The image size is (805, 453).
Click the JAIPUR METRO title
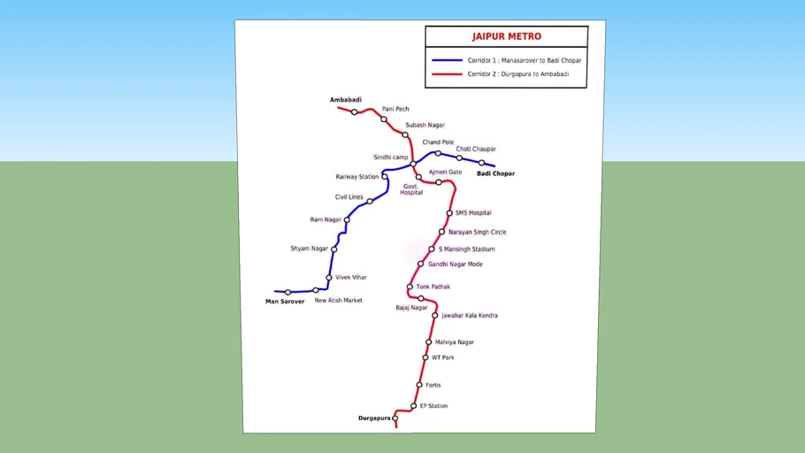click(506, 37)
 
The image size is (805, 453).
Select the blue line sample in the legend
click(447, 60)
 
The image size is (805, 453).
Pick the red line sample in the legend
click(447, 74)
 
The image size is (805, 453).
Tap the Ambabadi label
click(346, 100)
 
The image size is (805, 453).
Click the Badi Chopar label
click(495, 173)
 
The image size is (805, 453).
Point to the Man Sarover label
click(285, 302)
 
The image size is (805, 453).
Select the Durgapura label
click(374, 418)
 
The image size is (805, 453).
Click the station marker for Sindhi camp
click(413, 164)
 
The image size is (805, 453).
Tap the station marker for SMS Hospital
click(449, 213)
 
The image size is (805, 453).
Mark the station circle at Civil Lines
click(370, 202)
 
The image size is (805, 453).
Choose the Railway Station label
click(356, 177)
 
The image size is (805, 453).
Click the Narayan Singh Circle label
click(477, 232)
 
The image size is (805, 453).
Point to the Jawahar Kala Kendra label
click(469, 316)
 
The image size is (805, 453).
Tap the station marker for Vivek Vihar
click(329, 278)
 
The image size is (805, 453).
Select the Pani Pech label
click(395, 109)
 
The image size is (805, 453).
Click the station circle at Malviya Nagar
click(429, 342)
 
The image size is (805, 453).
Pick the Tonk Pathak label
click(433, 287)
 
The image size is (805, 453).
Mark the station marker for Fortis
click(419, 386)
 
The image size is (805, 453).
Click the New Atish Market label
click(338, 301)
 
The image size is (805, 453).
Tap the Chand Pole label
click(438, 142)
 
